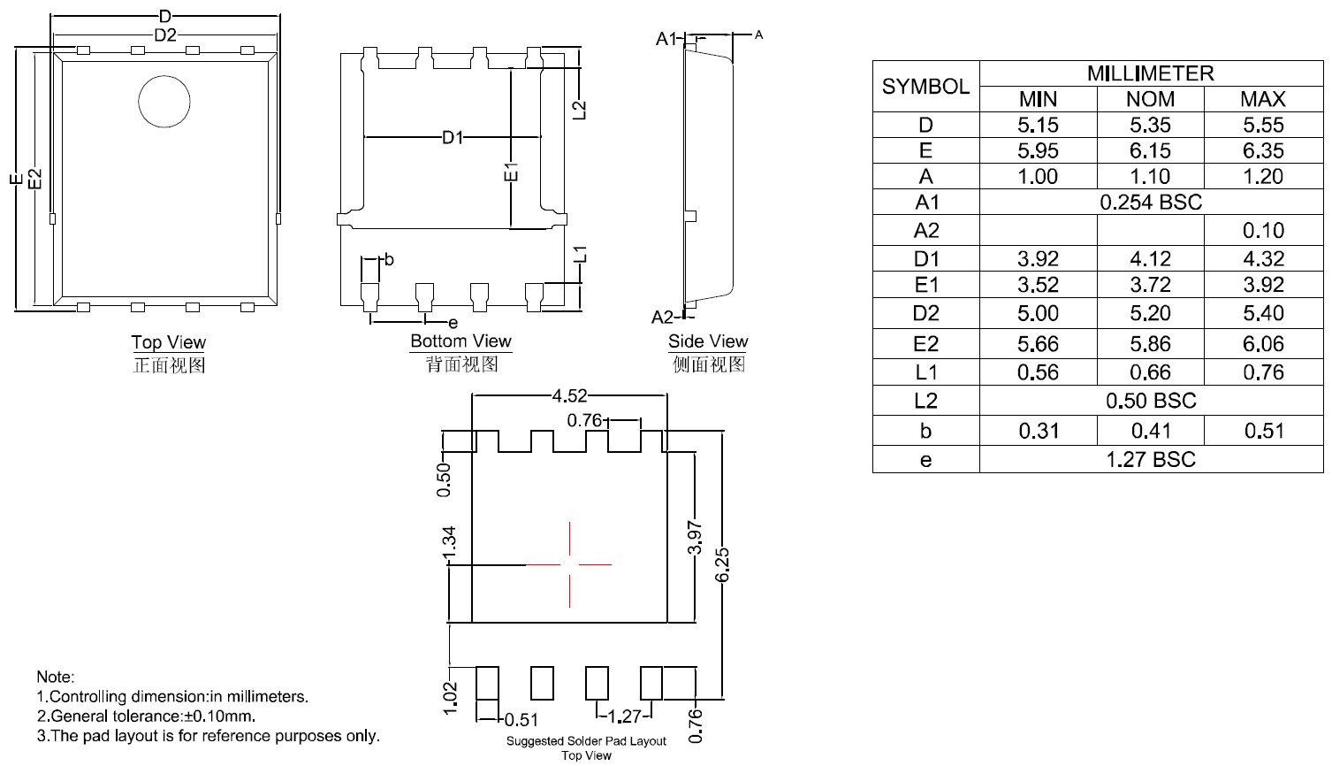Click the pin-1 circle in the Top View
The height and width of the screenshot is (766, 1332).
pyautogui.click(x=164, y=101)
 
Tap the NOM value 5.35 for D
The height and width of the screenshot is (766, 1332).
pyautogui.click(x=1150, y=125)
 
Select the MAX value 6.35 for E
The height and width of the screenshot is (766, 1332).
pyautogui.click(x=1262, y=150)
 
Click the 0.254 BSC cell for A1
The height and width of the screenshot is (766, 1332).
pyautogui.click(x=1150, y=203)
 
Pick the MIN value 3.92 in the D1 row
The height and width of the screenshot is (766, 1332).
pyautogui.click(x=1038, y=259)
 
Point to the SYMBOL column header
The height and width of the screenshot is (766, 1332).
pyautogui.click(x=925, y=87)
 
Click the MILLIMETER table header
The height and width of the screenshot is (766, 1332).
pyautogui.click(x=1150, y=73)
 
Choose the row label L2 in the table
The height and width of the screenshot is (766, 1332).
pyautogui.click(x=925, y=401)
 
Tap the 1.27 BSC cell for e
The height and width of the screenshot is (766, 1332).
pyautogui.click(x=1150, y=460)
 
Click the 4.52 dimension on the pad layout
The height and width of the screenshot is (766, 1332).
pyautogui.click(x=569, y=395)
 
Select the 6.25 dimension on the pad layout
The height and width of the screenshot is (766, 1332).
pyautogui.click(x=722, y=564)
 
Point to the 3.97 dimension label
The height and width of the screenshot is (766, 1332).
pyautogui.click(x=695, y=537)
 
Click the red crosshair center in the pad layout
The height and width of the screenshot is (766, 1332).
pyautogui.click(x=570, y=563)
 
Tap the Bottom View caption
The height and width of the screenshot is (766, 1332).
pyautogui.click(x=460, y=341)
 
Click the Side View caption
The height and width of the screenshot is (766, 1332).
pyautogui.click(x=708, y=341)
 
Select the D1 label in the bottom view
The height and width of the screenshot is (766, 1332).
pyautogui.click(x=453, y=138)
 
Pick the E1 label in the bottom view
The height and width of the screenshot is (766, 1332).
pyautogui.click(x=511, y=172)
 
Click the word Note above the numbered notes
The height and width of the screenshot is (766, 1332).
pyautogui.click(x=55, y=678)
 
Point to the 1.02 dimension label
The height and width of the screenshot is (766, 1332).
pyautogui.click(x=451, y=697)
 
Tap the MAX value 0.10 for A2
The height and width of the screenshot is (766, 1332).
pyautogui.click(x=1262, y=231)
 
